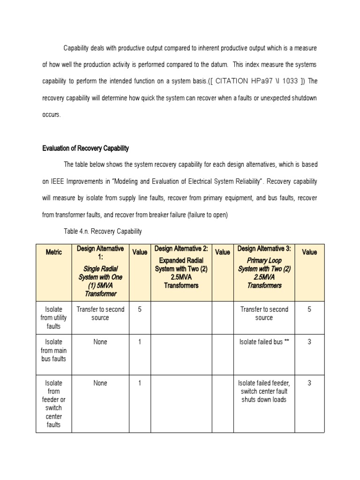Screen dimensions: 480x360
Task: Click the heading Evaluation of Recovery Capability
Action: point(85,149)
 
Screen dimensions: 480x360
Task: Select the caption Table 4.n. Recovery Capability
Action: point(102,231)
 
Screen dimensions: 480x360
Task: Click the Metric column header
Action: point(53,252)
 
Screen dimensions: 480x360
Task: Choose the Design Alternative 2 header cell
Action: point(181,267)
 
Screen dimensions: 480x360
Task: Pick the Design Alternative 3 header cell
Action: point(264,267)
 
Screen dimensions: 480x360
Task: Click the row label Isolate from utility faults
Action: point(53,318)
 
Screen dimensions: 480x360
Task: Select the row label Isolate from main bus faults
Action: point(53,351)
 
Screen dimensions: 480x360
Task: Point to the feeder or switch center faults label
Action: point(53,404)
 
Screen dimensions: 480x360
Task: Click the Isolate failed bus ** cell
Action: point(264,342)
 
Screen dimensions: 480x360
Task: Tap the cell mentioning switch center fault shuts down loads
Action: point(264,391)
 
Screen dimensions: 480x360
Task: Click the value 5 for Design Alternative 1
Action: point(140,309)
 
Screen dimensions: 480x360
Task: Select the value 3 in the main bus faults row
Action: point(309,342)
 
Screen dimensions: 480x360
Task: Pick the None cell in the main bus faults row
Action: point(100,342)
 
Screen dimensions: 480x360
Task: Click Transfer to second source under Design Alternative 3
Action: point(264,314)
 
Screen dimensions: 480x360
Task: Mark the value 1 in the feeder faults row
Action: point(140,383)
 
